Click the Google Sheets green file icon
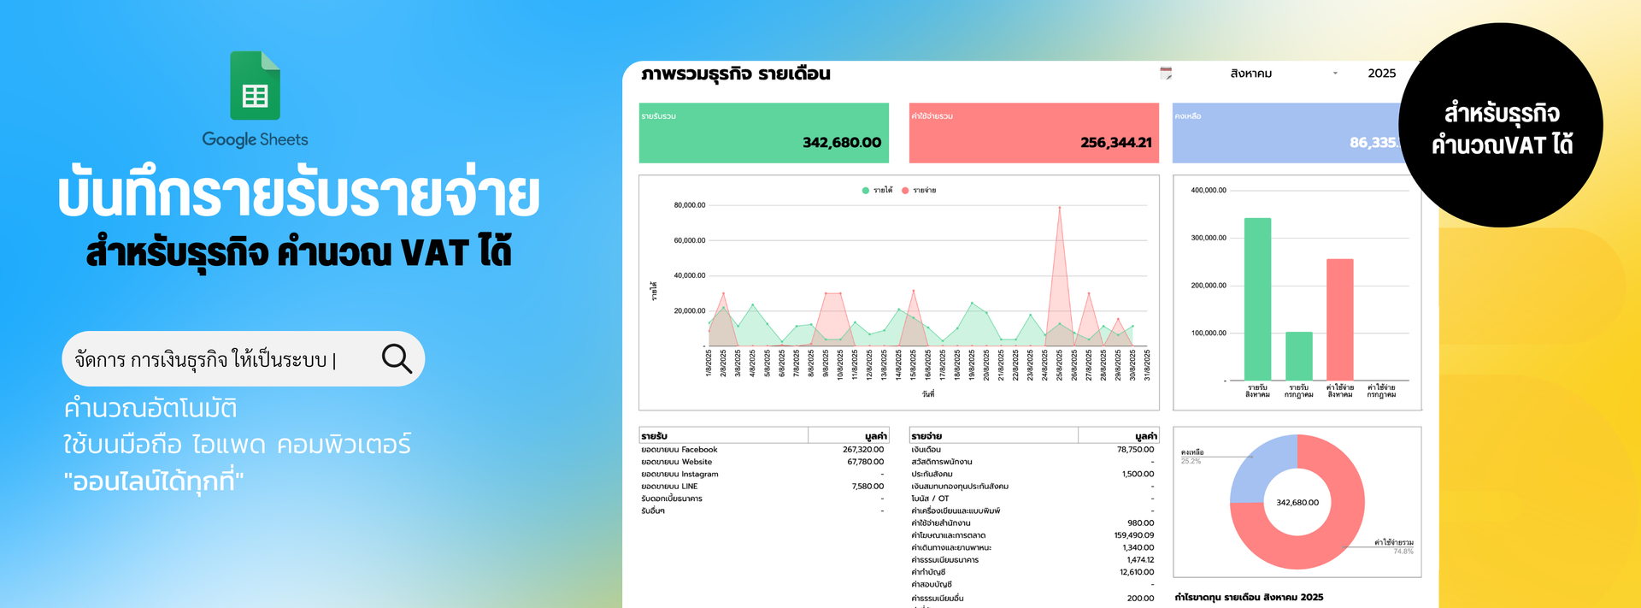(255, 86)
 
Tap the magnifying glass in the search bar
(397, 359)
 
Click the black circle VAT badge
(1501, 126)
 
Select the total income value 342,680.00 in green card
(841, 143)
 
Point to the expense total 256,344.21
(1115, 143)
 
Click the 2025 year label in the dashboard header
(1381, 74)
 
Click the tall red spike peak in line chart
(1059, 209)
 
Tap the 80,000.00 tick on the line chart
(689, 205)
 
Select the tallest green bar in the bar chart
(1257, 298)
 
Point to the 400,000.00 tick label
(1208, 191)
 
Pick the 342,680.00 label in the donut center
(1297, 503)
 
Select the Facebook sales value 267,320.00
(862, 450)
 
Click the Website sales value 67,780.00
(865, 462)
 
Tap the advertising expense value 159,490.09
(1133, 535)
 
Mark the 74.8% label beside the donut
(1403, 552)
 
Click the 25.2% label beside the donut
(1191, 462)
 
